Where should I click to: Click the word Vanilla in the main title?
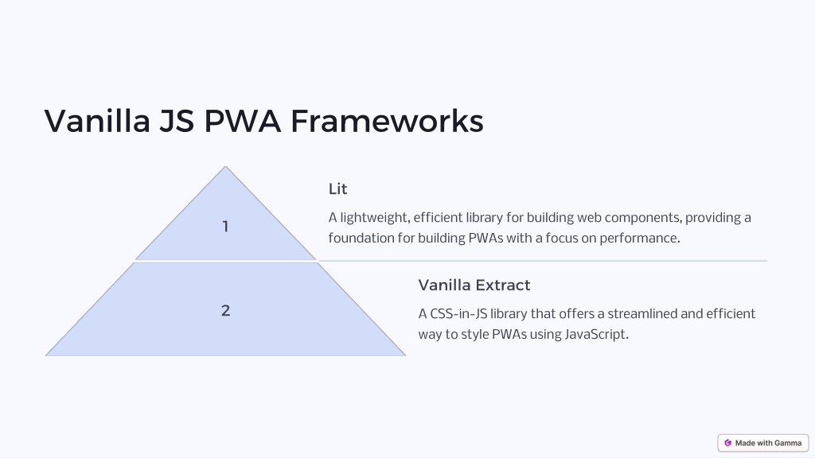coord(97,121)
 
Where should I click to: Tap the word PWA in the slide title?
coord(242,121)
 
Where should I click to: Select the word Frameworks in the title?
coord(387,121)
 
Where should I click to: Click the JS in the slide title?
coord(177,121)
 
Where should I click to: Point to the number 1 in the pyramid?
coord(225,227)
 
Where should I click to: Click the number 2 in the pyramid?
coord(225,311)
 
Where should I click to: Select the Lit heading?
coord(337,189)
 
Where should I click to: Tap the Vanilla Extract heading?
coord(474,285)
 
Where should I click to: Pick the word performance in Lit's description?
coord(640,239)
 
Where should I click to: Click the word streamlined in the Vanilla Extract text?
coord(641,313)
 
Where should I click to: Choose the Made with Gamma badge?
coord(763,443)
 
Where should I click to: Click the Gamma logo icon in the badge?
coord(727,443)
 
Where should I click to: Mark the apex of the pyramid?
coord(225,167)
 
